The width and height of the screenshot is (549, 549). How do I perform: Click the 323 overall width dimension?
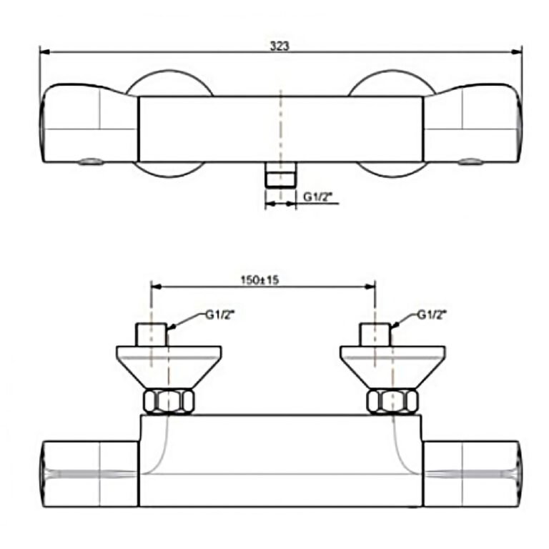(x=280, y=46)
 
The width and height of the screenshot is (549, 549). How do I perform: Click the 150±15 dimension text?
(x=259, y=280)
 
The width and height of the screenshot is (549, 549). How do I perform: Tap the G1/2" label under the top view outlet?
(x=317, y=197)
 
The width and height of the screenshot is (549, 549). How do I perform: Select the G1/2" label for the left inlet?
(x=219, y=315)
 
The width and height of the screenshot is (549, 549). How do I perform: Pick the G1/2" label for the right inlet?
(x=432, y=315)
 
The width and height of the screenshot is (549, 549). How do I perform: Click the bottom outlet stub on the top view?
(x=280, y=174)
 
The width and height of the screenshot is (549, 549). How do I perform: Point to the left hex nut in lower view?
(x=169, y=402)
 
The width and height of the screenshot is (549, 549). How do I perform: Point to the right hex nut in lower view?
(x=393, y=402)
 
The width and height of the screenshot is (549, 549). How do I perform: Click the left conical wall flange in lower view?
(x=169, y=367)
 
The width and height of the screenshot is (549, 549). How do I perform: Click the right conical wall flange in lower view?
(x=393, y=367)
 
